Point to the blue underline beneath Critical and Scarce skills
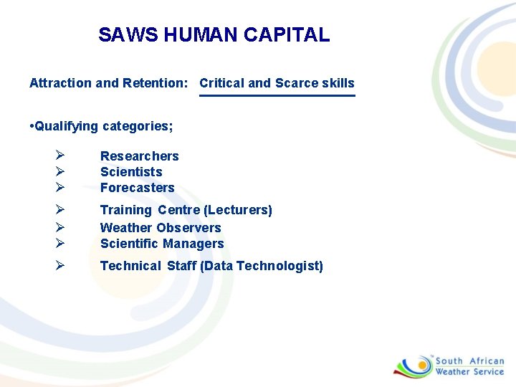[277, 95]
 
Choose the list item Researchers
[139, 156]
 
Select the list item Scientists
[131, 172]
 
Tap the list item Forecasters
[137, 188]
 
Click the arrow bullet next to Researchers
[60, 156]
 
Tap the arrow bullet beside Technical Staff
[60, 265]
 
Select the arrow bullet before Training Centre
[60, 209]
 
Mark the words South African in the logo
[469, 361]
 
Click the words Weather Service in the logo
[469, 371]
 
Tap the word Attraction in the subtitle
[60, 83]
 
